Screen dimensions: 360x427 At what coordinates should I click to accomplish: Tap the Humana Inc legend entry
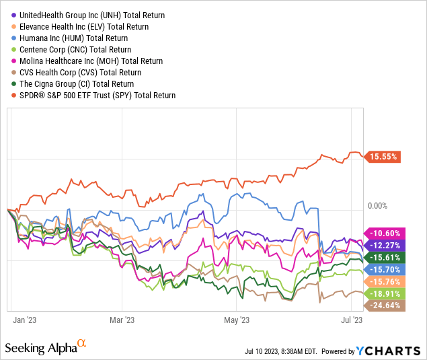tap(81, 38)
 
